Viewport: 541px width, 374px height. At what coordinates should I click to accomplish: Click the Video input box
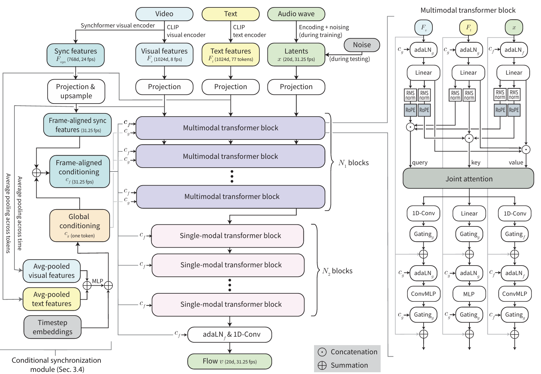click(164, 14)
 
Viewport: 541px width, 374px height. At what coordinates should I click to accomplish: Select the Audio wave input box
click(296, 14)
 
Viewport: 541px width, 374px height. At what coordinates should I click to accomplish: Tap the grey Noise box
click(362, 45)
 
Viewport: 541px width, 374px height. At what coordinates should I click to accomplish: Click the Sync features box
click(75, 55)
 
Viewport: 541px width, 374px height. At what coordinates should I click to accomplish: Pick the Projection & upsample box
click(76, 91)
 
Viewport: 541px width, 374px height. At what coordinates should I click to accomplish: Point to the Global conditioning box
click(80, 225)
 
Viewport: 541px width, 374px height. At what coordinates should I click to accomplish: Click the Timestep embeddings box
click(53, 327)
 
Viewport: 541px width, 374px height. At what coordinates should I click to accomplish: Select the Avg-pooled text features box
click(51, 299)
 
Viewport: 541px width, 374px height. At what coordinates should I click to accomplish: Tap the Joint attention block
click(468, 179)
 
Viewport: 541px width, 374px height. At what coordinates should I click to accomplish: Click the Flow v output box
click(229, 361)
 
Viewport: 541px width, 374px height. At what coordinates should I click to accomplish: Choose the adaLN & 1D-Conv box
click(229, 335)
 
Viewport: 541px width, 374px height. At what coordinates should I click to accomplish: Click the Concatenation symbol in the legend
click(322, 352)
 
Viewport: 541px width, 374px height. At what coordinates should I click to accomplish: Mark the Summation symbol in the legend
click(322, 366)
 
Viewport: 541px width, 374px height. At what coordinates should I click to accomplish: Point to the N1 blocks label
click(353, 163)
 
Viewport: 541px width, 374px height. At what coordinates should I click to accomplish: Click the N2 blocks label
click(337, 271)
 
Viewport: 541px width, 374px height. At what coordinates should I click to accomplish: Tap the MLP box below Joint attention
click(469, 294)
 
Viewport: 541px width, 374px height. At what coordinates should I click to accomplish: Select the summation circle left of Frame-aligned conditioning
click(37, 173)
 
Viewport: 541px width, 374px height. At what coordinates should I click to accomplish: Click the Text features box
click(230, 55)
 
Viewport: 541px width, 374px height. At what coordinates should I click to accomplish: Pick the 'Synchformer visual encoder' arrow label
click(118, 26)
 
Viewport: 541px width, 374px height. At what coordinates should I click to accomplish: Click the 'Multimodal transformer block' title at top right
click(468, 10)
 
